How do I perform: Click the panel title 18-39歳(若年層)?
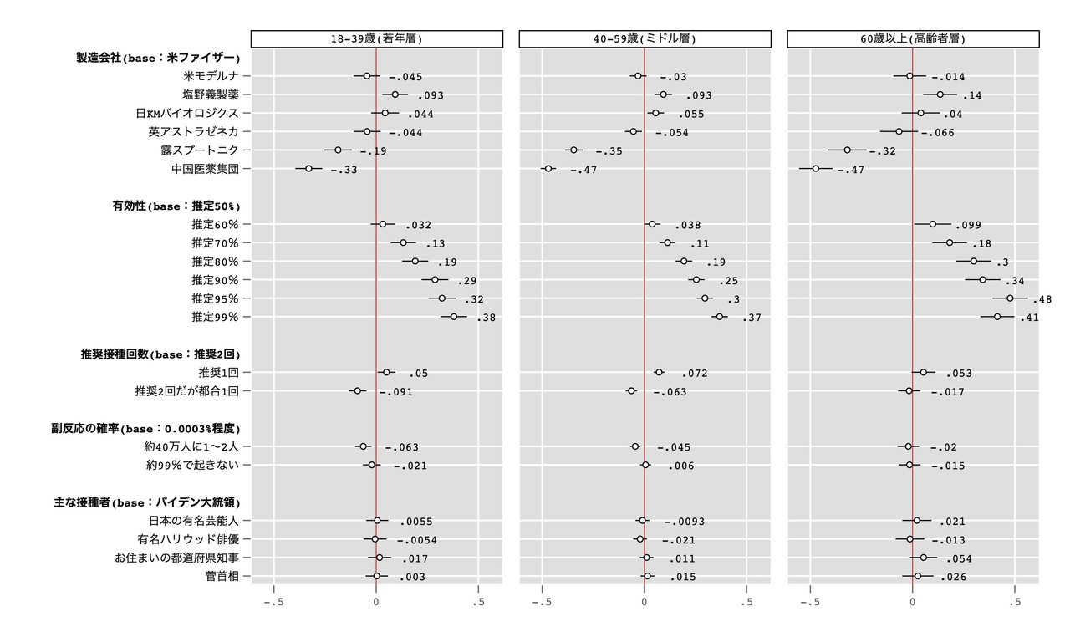(x=377, y=39)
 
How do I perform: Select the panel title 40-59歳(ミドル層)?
(x=645, y=39)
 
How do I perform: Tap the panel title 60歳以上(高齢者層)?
(x=913, y=39)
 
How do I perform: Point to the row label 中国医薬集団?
(x=205, y=169)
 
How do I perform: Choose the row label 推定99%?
(x=215, y=317)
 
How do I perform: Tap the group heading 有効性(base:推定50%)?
(x=171, y=206)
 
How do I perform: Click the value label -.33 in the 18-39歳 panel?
(x=344, y=170)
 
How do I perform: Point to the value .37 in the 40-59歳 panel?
(x=752, y=318)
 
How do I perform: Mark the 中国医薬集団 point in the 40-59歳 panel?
(x=548, y=169)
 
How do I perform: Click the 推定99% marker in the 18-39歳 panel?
(x=454, y=317)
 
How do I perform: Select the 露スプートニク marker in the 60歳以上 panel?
(x=847, y=150)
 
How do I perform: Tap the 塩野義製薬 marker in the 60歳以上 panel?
(x=940, y=94)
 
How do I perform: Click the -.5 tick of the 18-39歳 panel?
(x=273, y=601)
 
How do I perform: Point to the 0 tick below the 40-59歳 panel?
(x=645, y=601)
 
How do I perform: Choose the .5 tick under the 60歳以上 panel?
(x=1014, y=601)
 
